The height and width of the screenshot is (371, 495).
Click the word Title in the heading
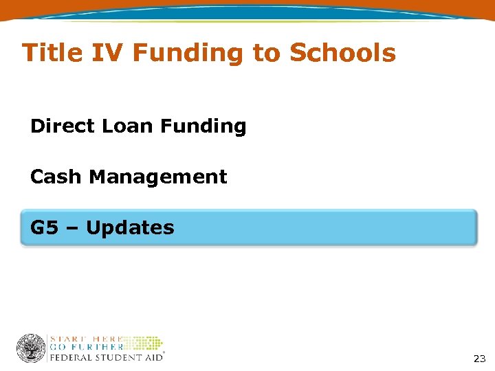point(52,53)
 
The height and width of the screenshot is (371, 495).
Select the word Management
point(158,177)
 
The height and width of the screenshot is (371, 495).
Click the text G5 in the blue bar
point(45,227)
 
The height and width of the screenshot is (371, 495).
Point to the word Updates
point(131,227)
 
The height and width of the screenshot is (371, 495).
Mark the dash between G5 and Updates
point(73,228)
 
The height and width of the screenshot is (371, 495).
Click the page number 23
point(479,359)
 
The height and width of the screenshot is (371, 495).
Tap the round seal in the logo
point(31,348)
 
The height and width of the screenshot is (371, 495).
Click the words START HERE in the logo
point(86,339)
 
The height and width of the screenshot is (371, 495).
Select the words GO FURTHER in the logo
point(86,348)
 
